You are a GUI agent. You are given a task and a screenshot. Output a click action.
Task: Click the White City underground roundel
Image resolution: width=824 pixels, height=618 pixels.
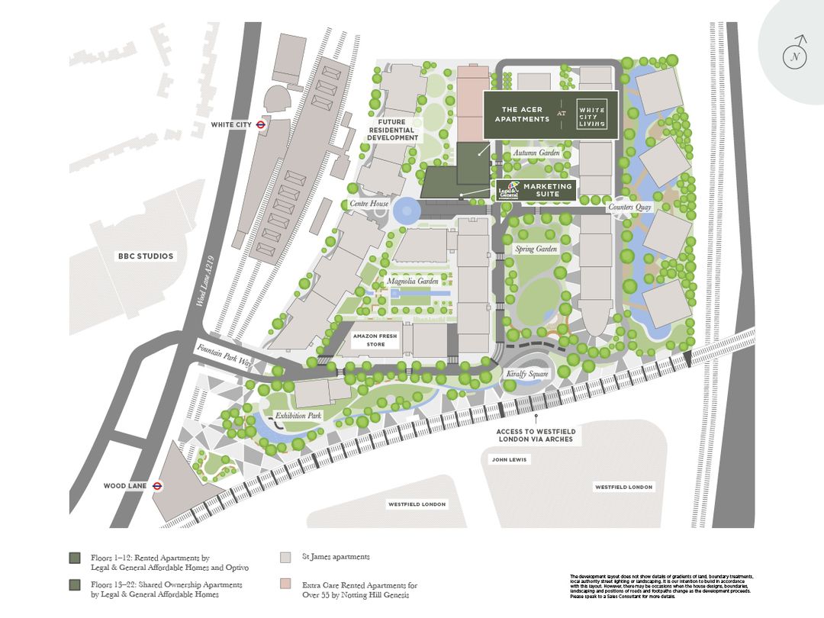260,125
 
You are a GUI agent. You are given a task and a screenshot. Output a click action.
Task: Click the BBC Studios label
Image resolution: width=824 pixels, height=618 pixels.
146,256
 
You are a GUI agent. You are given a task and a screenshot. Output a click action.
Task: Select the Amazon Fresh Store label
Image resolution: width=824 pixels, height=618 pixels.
375,340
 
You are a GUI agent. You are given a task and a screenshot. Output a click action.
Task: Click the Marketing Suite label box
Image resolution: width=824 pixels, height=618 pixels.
547,190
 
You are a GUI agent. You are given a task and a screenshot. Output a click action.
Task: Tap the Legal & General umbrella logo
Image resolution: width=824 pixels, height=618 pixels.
509,190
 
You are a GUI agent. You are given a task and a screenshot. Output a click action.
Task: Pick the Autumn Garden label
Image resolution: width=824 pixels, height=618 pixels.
536,153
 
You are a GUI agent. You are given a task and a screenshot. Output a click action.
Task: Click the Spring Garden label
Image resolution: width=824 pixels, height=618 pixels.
536,249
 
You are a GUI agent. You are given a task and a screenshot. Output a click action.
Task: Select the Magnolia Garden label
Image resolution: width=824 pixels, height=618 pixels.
412,282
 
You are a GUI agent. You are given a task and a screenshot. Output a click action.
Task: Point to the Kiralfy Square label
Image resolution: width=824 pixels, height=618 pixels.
528,375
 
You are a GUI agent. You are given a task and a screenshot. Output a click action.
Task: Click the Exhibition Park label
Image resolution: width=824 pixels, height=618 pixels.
299,416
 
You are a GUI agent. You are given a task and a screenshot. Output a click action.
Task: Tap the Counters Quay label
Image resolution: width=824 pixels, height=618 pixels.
630,207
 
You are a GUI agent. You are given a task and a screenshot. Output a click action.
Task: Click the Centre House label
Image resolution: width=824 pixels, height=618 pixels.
369,204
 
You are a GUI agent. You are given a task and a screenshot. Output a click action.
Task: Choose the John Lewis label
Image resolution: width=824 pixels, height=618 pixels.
509,459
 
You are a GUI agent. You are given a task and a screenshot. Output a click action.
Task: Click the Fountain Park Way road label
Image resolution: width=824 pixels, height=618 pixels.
224,356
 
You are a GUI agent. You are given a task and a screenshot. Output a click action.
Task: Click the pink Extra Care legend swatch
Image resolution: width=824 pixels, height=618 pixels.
286,584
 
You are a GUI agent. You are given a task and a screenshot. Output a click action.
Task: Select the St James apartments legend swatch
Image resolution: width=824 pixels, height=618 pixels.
286,557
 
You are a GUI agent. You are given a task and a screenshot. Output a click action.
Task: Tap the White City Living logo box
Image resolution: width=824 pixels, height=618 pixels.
591,119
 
